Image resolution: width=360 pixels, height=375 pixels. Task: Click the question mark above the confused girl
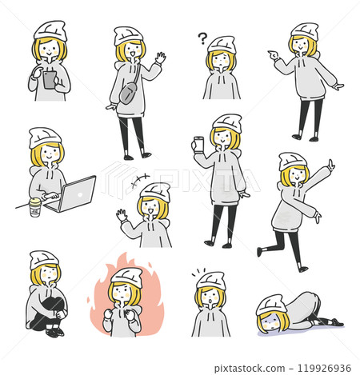[202, 37]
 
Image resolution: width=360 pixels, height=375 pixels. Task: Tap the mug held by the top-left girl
[49, 80]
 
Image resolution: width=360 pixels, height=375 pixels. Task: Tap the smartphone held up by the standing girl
[199, 145]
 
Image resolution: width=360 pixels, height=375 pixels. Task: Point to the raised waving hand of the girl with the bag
[160, 58]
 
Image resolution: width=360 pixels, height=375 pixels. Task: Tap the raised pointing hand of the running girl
[330, 166]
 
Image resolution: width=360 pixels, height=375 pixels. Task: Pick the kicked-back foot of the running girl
[260, 251]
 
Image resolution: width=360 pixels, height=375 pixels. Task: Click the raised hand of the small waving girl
[121, 216]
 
